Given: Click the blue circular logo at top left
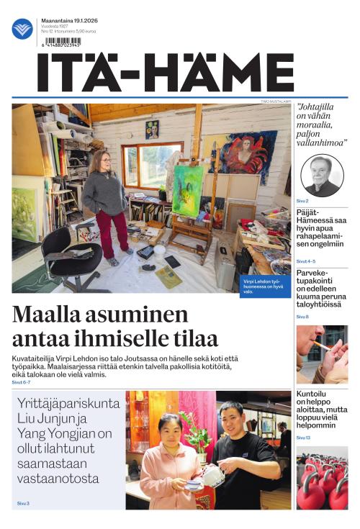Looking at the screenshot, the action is pyautogui.click(x=22, y=29).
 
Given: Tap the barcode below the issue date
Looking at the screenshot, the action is pyautogui.click(x=63, y=41).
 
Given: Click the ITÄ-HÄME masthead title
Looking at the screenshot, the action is pyautogui.click(x=166, y=73).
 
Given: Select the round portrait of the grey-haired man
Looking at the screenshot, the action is pyautogui.click(x=322, y=175).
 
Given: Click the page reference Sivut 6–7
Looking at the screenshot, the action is pyautogui.click(x=21, y=382).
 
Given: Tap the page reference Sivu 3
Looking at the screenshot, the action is pyautogui.click(x=22, y=502).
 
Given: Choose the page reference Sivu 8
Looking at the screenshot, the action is pyautogui.click(x=302, y=317).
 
